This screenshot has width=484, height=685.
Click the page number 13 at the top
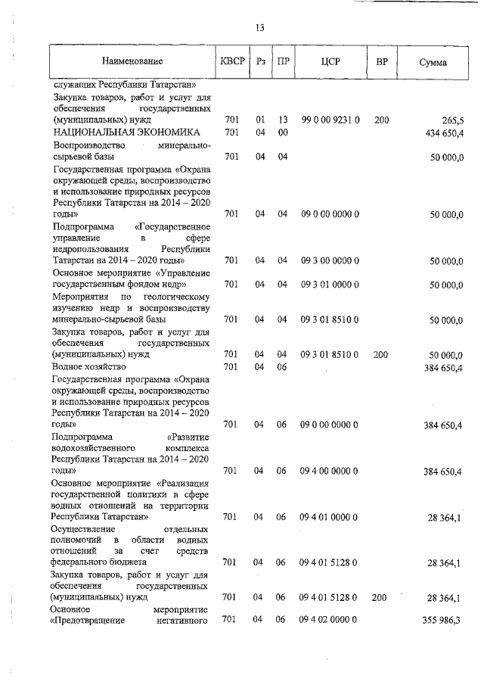click(259, 28)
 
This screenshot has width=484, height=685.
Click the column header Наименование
click(133, 62)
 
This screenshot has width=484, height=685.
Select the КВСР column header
click(233, 62)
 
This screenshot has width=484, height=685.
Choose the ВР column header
click(382, 62)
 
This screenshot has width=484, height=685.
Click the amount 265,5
click(451, 120)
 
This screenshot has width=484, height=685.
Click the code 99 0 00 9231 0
click(330, 120)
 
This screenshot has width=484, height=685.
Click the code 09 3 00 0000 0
click(330, 261)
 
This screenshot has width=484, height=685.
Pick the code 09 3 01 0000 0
click(330, 285)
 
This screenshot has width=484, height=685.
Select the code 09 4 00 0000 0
click(330, 471)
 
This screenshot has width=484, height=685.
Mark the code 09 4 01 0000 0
click(330, 517)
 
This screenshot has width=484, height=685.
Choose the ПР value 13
click(283, 120)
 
